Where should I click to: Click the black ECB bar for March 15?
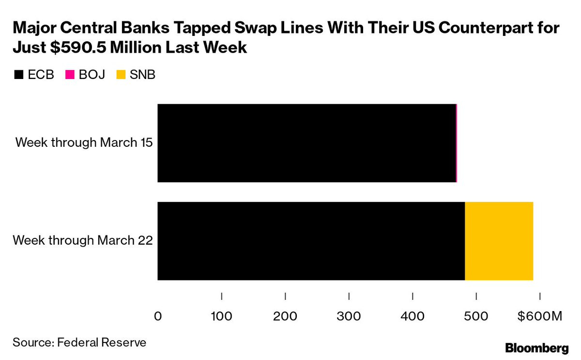pyautogui.click(x=306, y=143)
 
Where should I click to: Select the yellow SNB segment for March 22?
pyautogui.click(x=499, y=241)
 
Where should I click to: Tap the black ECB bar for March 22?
pyautogui.click(x=311, y=241)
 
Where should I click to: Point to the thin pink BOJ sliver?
pyautogui.click(x=457, y=143)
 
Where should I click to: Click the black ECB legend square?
pyautogui.click(x=19, y=75)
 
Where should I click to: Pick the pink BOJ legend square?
pyautogui.click(x=70, y=75)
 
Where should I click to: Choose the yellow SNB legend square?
pyautogui.click(x=121, y=75)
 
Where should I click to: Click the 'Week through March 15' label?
pyautogui.click(x=84, y=143)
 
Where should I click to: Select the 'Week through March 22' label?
pyautogui.click(x=83, y=240)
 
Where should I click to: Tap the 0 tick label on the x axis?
pyautogui.click(x=158, y=317)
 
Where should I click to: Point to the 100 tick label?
pyautogui.click(x=221, y=317)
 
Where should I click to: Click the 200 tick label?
pyautogui.click(x=285, y=317)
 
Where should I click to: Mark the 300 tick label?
pyautogui.click(x=349, y=317)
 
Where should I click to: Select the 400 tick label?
pyautogui.click(x=413, y=317)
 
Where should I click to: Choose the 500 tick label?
pyautogui.click(x=476, y=317)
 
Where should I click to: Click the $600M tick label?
pyautogui.click(x=539, y=317)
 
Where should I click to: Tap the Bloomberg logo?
pyautogui.click(x=536, y=347)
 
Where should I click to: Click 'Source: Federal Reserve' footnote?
pyautogui.click(x=79, y=343)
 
